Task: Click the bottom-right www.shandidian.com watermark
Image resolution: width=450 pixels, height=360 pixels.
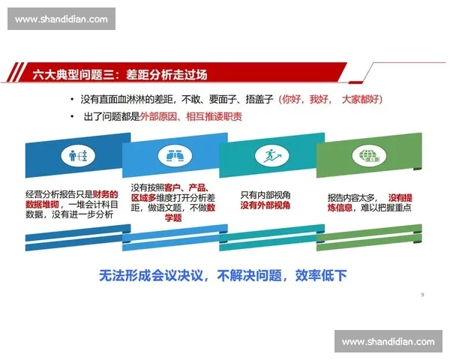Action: (x=388, y=341)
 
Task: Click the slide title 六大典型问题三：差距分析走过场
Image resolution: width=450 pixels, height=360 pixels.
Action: (x=119, y=73)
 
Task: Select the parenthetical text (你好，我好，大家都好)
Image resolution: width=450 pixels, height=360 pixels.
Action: (x=330, y=99)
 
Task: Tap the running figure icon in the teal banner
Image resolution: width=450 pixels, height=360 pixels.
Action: (x=268, y=156)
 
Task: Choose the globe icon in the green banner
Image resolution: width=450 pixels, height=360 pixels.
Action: (x=368, y=156)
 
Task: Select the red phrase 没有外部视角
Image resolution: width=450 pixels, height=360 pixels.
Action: (x=265, y=205)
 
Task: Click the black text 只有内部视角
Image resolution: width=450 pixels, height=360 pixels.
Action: (x=265, y=193)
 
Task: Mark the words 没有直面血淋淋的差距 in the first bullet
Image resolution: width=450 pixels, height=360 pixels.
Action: (x=127, y=99)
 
